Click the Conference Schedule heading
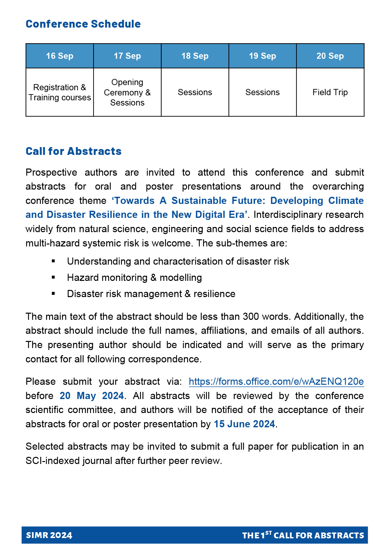point(83,24)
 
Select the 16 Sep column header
point(60,56)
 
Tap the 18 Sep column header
point(195,56)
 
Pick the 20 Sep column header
point(330,56)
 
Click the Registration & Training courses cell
point(60,93)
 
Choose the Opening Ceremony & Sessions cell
point(127,93)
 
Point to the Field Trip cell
point(330,93)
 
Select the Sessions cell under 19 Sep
point(263,93)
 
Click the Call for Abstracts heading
point(73,151)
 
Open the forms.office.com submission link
point(276,382)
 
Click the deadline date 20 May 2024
point(92,396)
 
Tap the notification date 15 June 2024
point(244,424)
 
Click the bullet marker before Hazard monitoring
point(53,278)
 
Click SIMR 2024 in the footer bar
point(49,535)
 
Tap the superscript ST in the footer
point(268,533)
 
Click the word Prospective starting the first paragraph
point(51,172)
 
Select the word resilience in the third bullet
point(214,294)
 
